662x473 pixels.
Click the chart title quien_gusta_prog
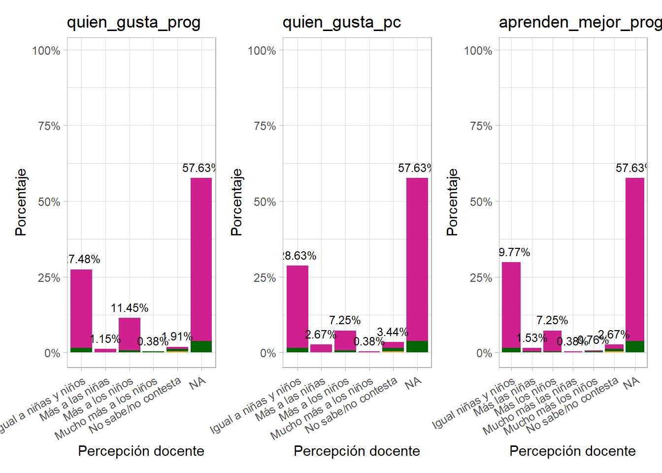click(133, 23)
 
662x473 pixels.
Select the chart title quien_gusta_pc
click(341, 23)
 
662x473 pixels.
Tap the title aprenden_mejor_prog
click(580, 23)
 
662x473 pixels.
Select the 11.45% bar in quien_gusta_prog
click(130, 335)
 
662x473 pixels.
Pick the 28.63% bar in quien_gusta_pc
click(298, 308)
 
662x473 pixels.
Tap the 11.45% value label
click(130, 308)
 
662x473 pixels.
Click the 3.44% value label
click(393, 332)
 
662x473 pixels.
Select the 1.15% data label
click(105, 339)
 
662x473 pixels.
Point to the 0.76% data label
click(593, 340)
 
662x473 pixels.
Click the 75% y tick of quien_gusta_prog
click(49, 126)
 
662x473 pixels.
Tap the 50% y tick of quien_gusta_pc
click(265, 202)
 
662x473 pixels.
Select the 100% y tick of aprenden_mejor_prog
click(478, 51)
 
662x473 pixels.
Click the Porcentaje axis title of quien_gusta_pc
click(236, 202)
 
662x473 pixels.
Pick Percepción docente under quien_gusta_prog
click(141, 451)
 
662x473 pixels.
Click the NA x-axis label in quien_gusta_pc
click(413, 383)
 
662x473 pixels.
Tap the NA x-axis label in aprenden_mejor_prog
click(630, 383)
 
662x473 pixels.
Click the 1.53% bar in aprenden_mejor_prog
click(532, 350)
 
